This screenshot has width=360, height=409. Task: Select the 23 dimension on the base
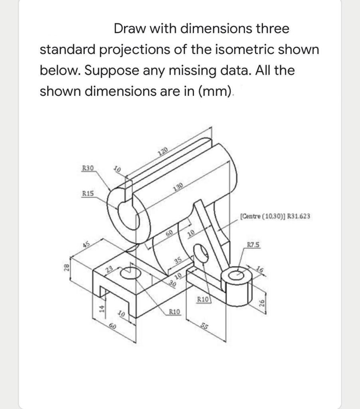(108, 269)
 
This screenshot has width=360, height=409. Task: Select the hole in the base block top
(129, 272)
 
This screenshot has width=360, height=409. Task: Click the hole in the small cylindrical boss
(237, 274)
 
